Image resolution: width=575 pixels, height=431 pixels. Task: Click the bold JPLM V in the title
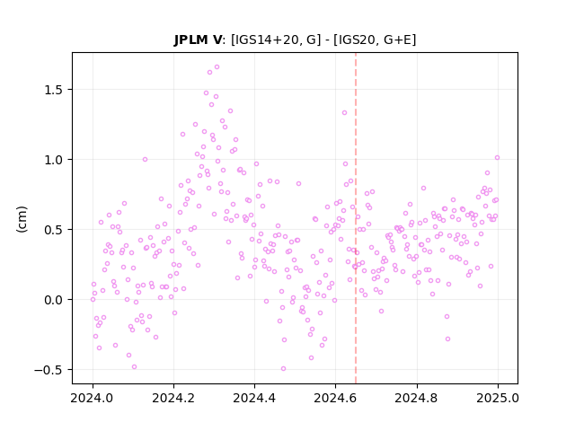click(x=198, y=40)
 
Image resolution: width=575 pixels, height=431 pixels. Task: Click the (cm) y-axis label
click(x=22, y=219)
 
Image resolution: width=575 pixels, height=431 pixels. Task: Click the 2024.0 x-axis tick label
click(x=93, y=398)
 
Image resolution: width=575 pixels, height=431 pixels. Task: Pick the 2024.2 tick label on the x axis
click(x=173, y=398)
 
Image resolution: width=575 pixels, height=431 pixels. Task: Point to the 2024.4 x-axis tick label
click(x=254, y=398)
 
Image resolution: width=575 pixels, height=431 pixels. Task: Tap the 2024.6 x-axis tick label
click(x=335, y=398)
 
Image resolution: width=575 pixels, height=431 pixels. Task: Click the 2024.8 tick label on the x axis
click(x=417, y=398)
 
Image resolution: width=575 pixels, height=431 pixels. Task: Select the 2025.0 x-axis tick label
click(x=498, y=398)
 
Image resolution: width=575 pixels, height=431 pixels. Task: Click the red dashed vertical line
click(x=356, y=218)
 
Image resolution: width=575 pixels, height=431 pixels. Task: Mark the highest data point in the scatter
click(x=217, y=67)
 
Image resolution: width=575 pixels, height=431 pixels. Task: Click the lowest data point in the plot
click(x=284, y=369)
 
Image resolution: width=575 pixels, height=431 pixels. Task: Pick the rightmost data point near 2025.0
click(x=497, y=158)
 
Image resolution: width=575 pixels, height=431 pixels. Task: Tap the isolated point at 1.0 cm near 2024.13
click(x=146, y=160)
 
